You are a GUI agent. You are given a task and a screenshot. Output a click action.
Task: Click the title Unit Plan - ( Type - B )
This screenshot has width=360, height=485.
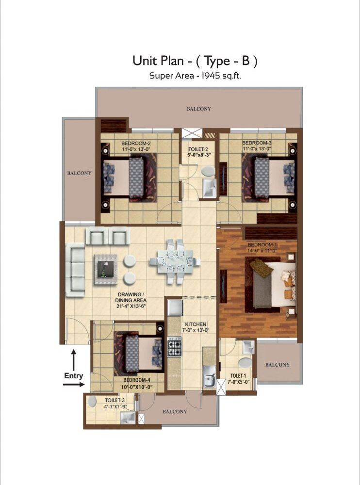tap(195, 61)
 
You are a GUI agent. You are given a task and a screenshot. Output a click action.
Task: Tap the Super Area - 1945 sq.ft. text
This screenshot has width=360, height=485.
tap(195, 75)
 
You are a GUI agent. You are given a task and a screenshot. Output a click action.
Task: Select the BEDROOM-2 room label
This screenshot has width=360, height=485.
tap(136, 143)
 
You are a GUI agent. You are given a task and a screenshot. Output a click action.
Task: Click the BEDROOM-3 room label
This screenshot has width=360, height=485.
tap(257, 143)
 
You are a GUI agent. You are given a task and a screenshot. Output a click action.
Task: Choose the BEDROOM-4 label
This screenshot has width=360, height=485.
tap(138, 380)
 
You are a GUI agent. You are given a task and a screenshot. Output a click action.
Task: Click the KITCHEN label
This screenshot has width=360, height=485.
tap(195, 324)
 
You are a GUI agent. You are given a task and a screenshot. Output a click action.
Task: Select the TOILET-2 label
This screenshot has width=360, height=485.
tap(198, 149)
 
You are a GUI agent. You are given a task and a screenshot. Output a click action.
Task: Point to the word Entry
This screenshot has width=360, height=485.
tap(74, 376)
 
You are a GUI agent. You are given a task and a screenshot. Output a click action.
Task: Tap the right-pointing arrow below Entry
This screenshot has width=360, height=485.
tap(73, 385)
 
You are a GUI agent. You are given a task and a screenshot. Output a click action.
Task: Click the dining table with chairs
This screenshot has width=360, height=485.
tap(175, 261)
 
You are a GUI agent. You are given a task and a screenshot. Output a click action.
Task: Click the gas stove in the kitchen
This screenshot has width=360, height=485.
tap(174, 347)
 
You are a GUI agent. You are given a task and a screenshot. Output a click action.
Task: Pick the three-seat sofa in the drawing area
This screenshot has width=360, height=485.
tap(75, 270)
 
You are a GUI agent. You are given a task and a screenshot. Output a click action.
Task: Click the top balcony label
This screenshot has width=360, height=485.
tap(199, 109)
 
